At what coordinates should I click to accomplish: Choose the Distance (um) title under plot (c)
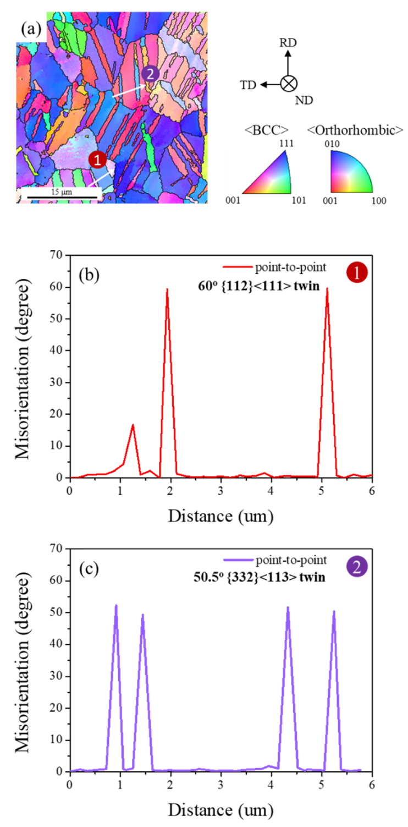(220, 809)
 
